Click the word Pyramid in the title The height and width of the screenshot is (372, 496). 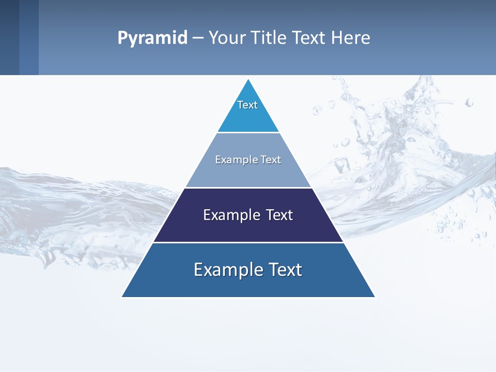(x=152, y=38)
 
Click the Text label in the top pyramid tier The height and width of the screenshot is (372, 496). (x=247, y=105)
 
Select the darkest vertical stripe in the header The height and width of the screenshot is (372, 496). (x=9, y=37)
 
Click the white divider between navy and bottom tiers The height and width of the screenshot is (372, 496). (x=248, y=242)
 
